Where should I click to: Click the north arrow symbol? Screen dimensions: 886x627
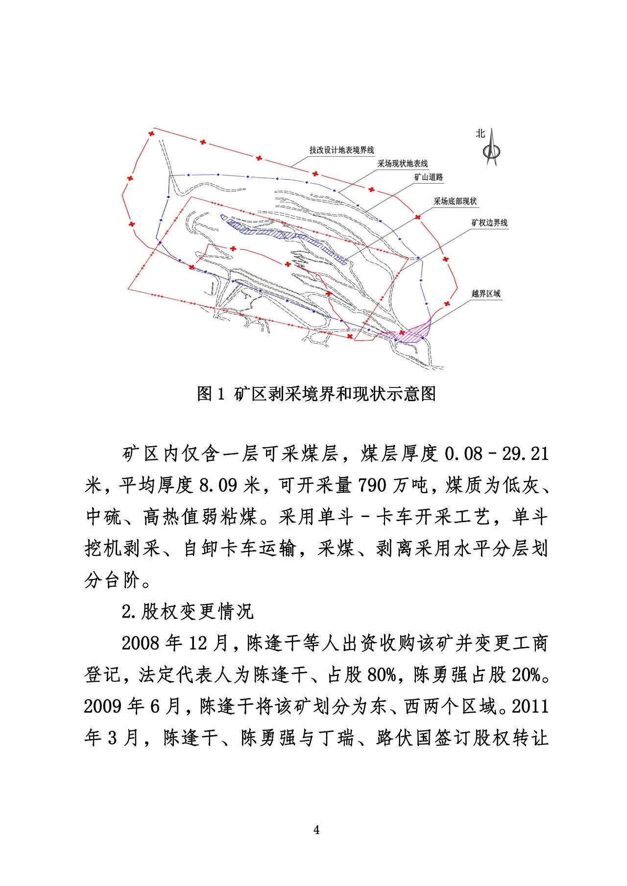tap(491, 148)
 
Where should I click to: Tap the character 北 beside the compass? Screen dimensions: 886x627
tap(480, 133)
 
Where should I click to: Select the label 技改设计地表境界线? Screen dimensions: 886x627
tap(341, 150)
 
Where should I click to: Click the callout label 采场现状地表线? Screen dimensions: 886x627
tap(402, 164)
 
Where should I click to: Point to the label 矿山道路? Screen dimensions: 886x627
tap(429, 177)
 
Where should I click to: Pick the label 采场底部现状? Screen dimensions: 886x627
tap(455, 201)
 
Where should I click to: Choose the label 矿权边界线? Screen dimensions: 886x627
tap(489, 223)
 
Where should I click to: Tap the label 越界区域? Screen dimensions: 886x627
tap(486, 294)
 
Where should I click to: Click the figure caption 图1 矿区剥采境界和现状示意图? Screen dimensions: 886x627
tap(316, 394)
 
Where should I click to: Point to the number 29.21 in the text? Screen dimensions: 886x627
tap(525, 454)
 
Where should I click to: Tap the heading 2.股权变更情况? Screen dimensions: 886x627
tap(188, 612)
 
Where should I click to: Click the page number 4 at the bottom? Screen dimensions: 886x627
tap(316, 830)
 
